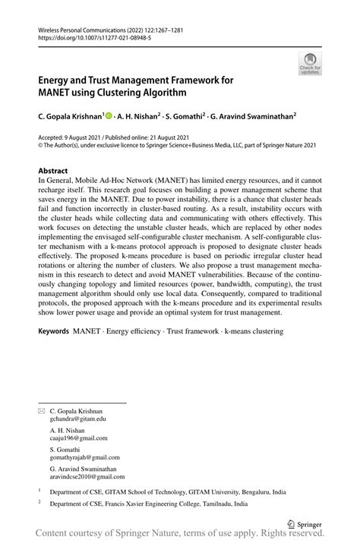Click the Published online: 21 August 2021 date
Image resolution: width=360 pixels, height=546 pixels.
tap(155, 137)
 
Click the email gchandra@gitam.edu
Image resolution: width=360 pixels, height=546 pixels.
tap(78, 418)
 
